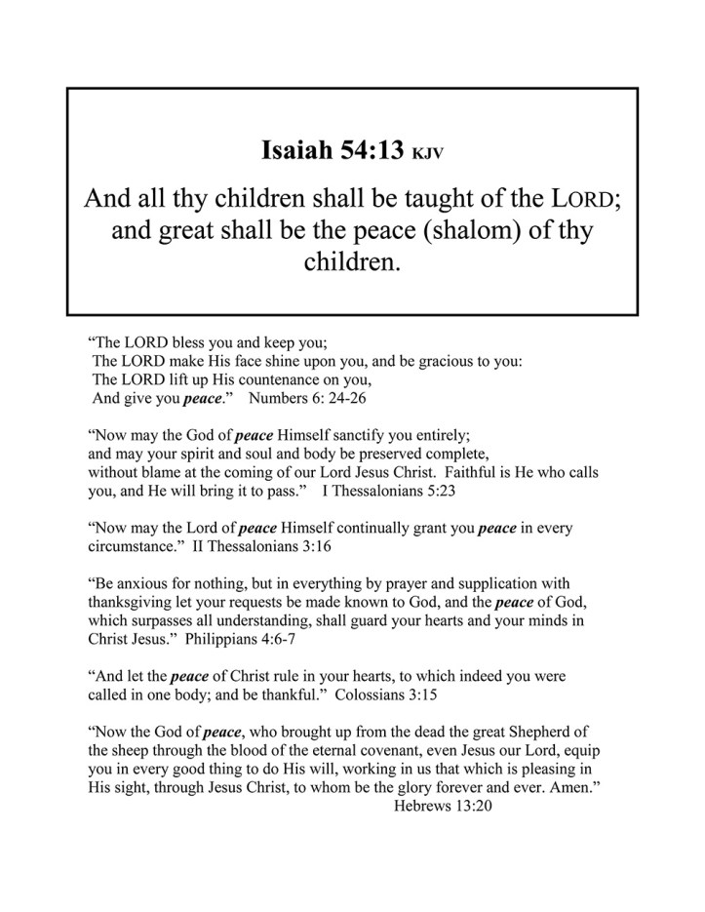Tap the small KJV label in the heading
[428, 154]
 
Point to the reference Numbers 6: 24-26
[307, 398]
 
